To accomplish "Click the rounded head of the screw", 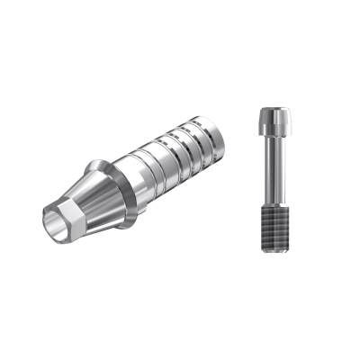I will tap(272, 118).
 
